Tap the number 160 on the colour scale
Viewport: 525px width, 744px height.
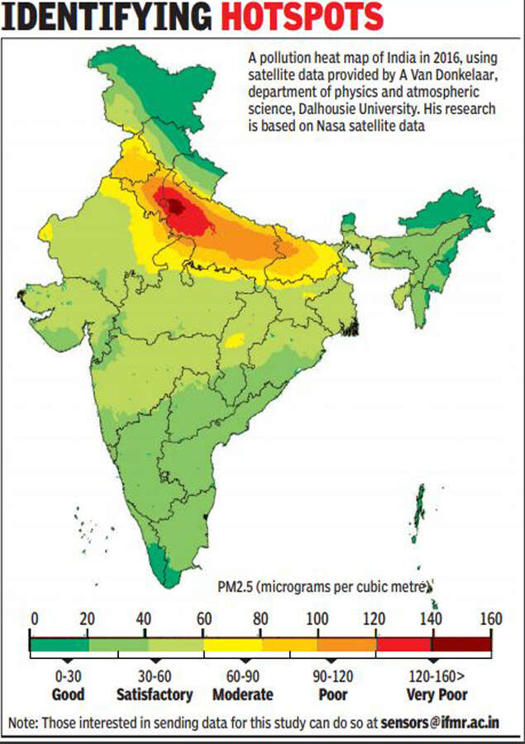491,619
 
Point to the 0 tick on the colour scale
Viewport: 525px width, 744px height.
34,619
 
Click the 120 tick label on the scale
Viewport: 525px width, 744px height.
376,619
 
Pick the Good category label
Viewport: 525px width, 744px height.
68,694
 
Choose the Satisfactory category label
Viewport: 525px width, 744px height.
155,694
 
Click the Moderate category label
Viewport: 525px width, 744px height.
242,694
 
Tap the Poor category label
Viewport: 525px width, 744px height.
332,694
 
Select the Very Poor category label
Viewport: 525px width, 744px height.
437,694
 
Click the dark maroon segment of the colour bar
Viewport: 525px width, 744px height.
461,643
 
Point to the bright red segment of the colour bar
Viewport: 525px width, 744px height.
403,643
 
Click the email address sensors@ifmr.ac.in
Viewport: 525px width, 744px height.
451,722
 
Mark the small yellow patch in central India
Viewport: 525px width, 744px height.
235,339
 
